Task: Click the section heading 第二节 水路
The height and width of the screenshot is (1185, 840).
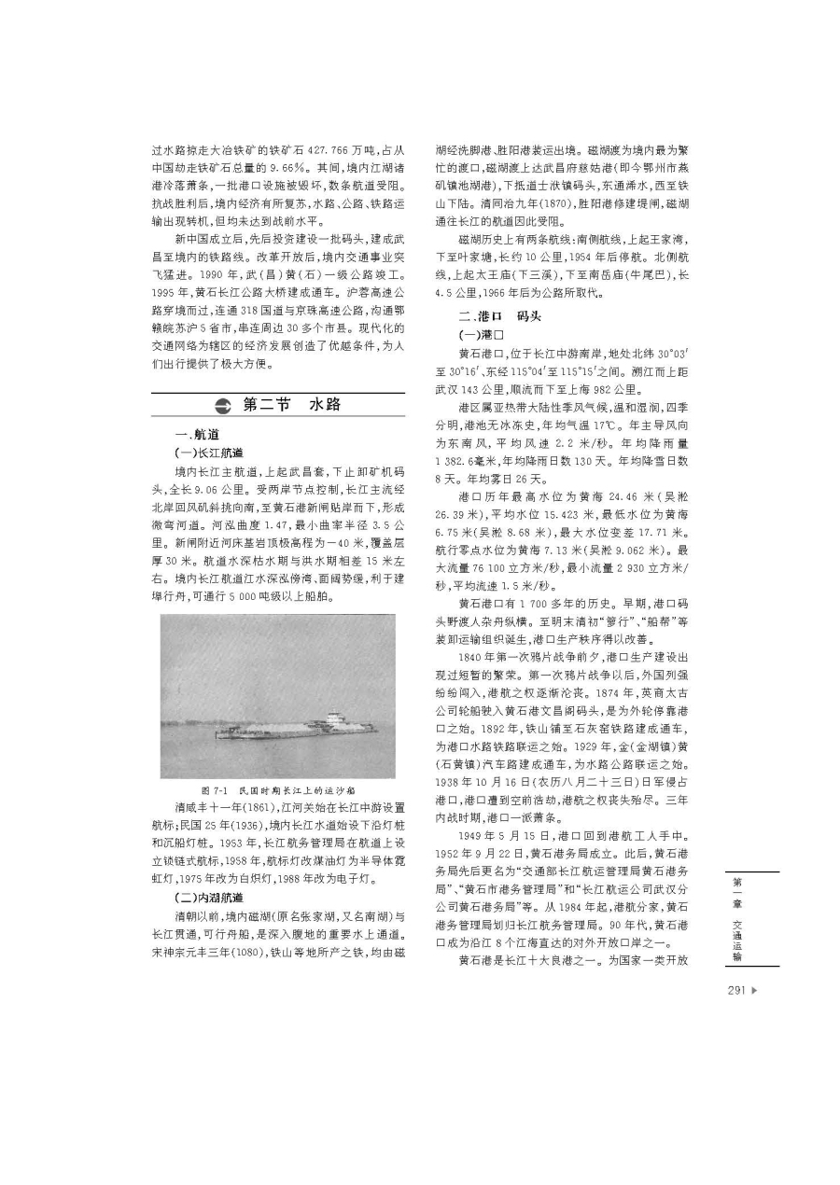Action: [x=291, y=404]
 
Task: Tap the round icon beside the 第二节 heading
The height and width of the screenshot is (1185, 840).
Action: [x=222, y=405]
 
